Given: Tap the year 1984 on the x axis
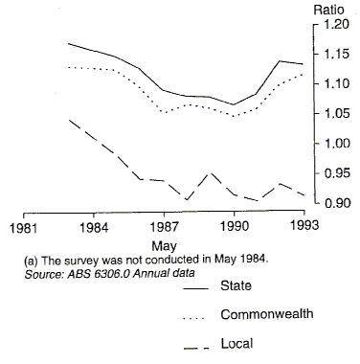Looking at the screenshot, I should click(x=94, y=228).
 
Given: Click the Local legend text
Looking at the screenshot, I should click(x=236, y=342).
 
